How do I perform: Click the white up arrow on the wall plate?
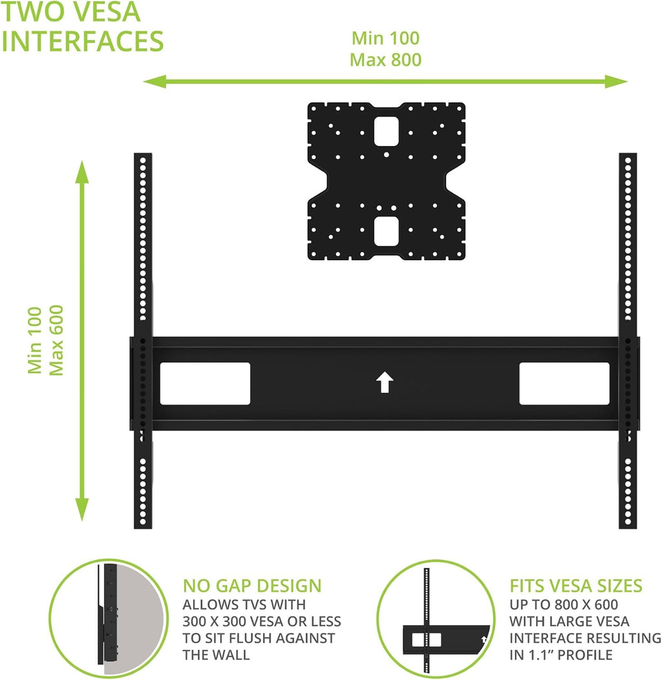(385, 382)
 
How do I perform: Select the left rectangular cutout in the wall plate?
(205, 384)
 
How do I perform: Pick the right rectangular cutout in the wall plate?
(564, 384)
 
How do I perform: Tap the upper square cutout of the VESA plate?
(387, 131)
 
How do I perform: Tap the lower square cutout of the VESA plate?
(387, 231)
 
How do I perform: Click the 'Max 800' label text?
(385, 60)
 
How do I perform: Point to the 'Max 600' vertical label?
(56, 340)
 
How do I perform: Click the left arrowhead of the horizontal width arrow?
(155, 81)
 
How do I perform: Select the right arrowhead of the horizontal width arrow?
(616, 81)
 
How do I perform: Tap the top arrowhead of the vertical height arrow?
(82, 172)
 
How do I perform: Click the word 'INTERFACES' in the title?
(83, 41)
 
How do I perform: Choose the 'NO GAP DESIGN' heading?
(252, 586)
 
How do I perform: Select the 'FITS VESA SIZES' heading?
(576, 586)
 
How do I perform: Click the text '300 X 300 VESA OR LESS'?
(262, 621)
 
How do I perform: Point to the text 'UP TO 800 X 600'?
(564, 604)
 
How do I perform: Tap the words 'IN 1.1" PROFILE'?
(561, 655)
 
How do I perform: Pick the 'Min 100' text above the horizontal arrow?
(385, 38)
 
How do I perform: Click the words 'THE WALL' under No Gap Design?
(216, 655)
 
